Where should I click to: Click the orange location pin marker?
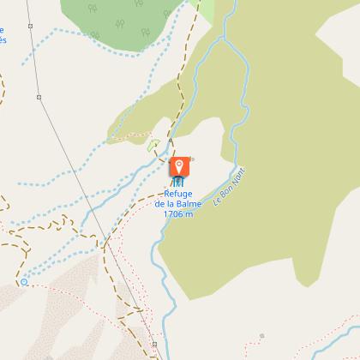tap(179, 165)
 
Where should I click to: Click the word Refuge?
tap(178, 195)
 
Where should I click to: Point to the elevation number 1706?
tap(172, 213)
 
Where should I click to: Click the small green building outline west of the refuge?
tap(154, 146)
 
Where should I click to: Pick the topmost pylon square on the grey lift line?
tap(29, 26)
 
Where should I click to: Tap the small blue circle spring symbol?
tap(24, 281)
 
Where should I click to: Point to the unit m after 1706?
tap(189, 213)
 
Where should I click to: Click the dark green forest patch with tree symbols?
tap(129, 21)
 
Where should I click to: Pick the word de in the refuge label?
tap(160, 204)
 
